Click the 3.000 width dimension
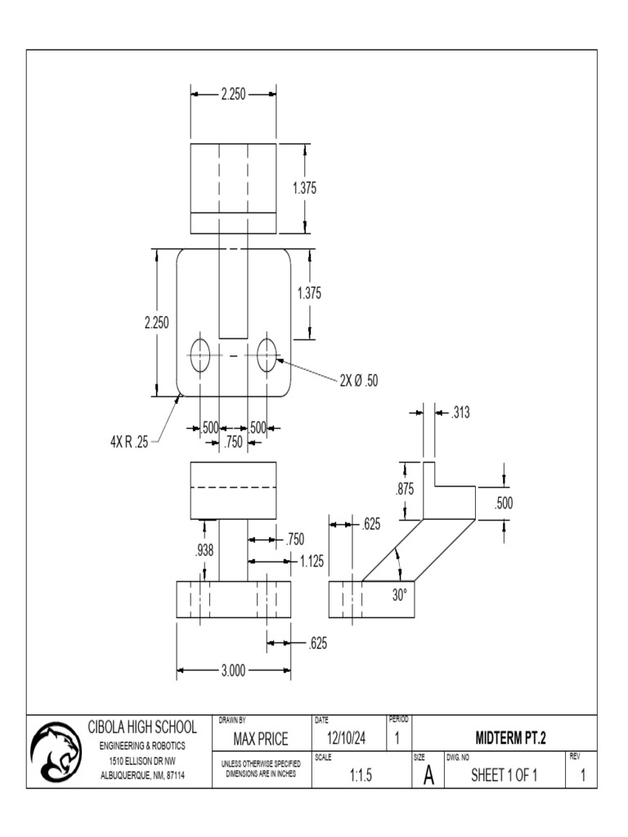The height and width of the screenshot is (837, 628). pos(232,671)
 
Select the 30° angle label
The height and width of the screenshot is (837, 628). pos(399,596)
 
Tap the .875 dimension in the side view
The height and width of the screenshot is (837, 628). pos(404,490)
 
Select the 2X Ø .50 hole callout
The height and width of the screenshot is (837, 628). pos(359,380)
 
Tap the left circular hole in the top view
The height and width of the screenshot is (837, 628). pos(200,356)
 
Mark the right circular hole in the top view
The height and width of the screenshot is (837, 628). pos(267,356)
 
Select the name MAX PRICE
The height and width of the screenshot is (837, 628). pos(261,740)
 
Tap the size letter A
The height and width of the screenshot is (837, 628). pos(428,777)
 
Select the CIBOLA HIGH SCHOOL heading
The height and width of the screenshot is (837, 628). pos(142,727)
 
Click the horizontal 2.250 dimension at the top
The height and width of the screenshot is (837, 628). pos(232,94)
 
